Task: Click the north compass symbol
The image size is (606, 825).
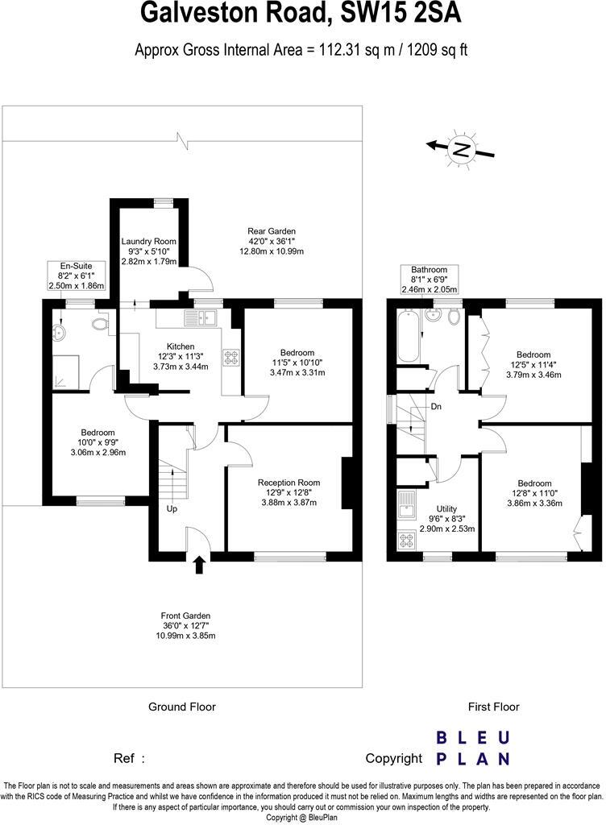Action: pyautogui.click(x=460, y=148)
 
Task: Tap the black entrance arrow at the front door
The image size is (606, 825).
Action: pyautogui.click(x=199, y=566)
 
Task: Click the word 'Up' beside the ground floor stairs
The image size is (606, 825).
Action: pyautogui.click(x=171, y=509)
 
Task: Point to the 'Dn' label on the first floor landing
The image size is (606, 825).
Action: pyautogui.click(x=435, y=406)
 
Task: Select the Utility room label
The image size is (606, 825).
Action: pyautogui.click(x=447, y=510)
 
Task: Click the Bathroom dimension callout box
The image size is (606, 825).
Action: pyautogui.click(x=429, y=280)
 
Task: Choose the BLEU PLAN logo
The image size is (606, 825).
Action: pyautogui.click(x=472, y=747)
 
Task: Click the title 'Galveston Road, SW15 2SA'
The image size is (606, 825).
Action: pyautogui.click(x=301, y=15)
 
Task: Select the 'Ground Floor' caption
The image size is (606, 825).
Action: pyautogui.click(x=182, y=707)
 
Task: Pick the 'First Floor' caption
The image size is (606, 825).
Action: pyautogui.click(x=494, y=707)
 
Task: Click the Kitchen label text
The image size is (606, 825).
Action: pyautogui.click(x=180, y=346)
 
